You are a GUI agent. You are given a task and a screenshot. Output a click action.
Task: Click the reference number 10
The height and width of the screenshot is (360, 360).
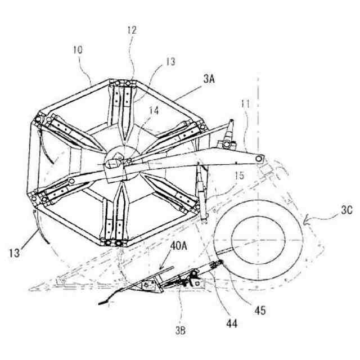click(x=78, y=50)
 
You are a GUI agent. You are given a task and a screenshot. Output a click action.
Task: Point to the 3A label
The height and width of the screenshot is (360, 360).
click(x=209, y=81)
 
